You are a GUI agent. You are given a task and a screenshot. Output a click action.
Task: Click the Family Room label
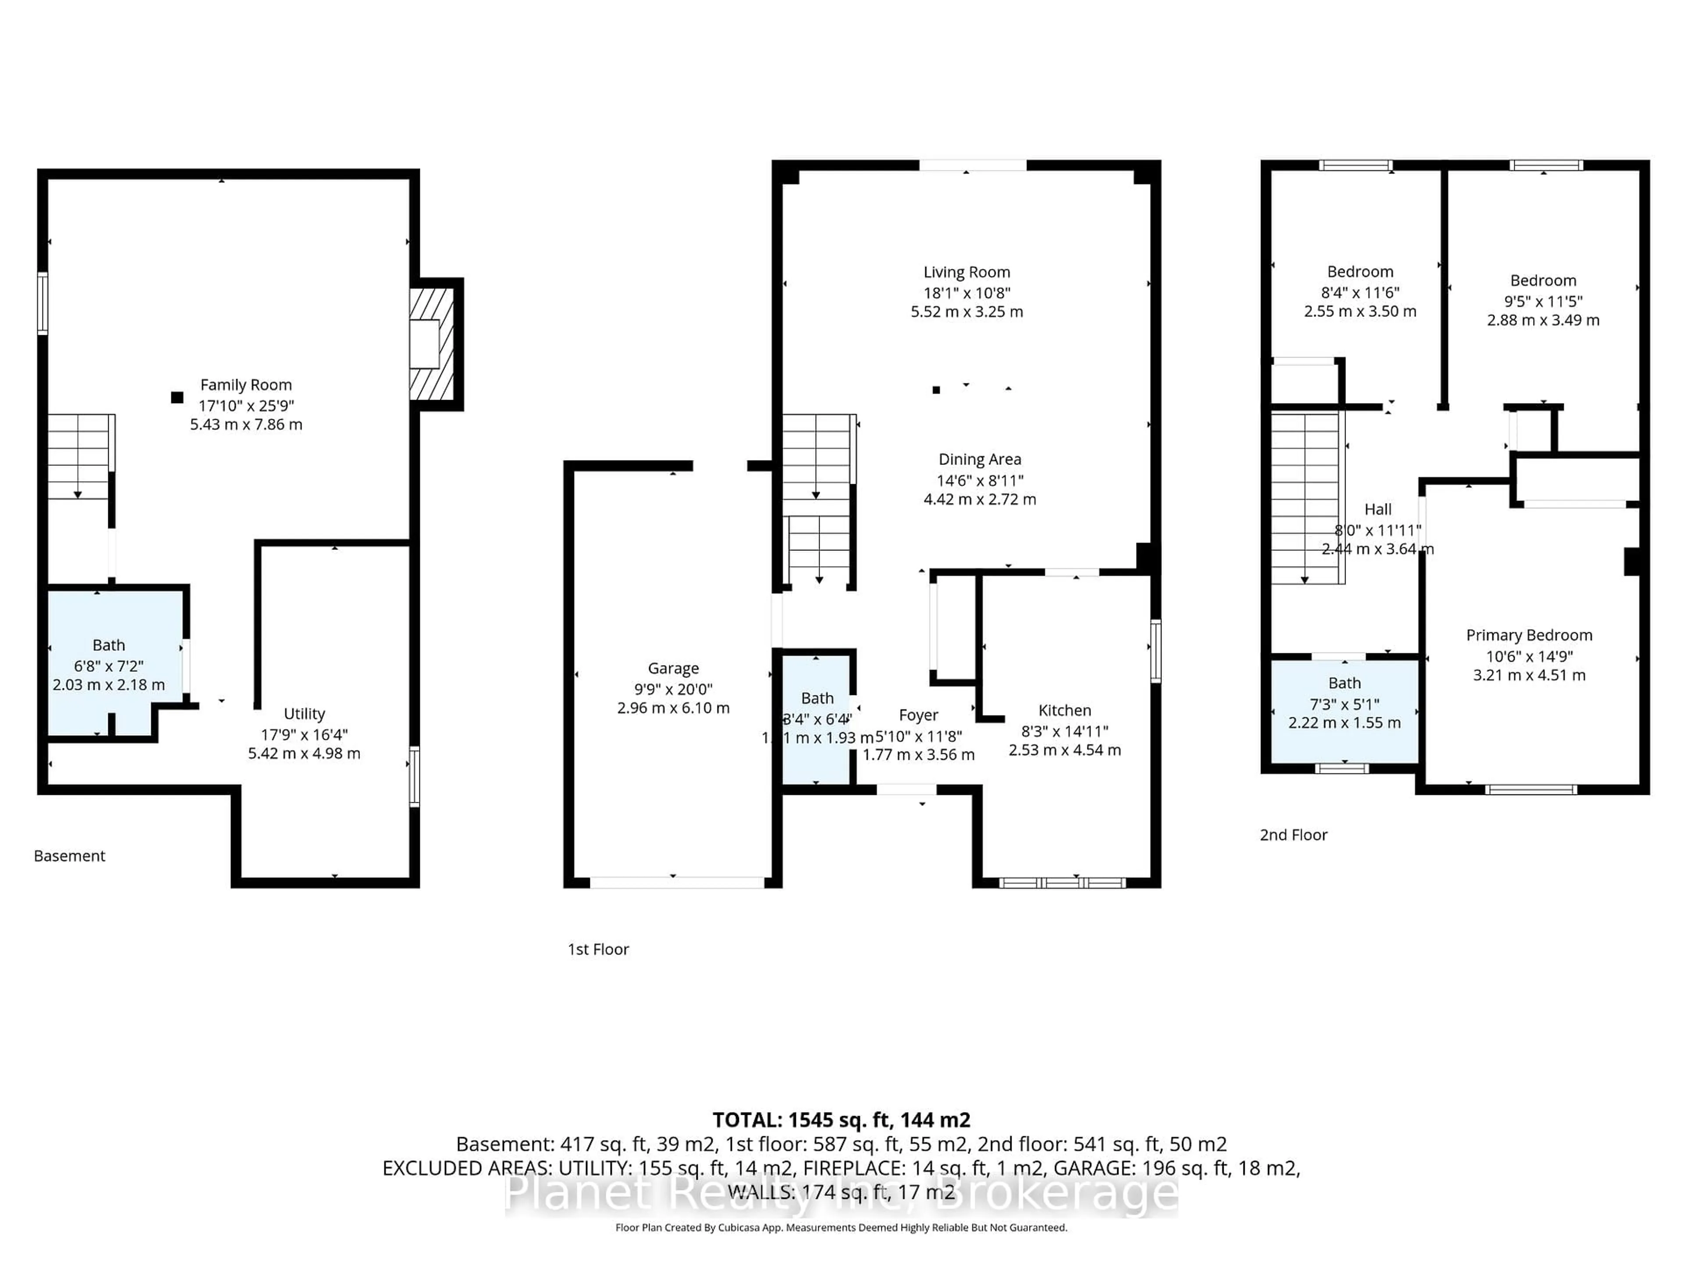coord(246,385)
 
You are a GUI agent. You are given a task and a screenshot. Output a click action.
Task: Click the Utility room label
coord(304,713)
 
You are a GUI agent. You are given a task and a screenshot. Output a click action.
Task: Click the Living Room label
coord(966,272)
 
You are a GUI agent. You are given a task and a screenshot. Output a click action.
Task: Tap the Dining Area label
coord(979,460)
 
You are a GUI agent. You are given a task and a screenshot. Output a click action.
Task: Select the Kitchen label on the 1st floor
coord(1065,710)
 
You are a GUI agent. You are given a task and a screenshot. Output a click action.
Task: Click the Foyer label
coord(918,715)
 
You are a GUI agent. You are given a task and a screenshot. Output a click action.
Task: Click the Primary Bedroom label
coord(1529,635)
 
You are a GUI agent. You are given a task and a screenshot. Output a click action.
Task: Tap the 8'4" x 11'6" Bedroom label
coord(1360,272)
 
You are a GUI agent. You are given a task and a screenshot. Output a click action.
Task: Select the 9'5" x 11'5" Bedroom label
coord(1543,281)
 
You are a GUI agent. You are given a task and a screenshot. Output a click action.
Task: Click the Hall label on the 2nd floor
coord(1378,510)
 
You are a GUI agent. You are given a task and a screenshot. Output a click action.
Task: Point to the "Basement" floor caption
coord(69,856)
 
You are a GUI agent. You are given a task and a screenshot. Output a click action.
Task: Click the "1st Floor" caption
coord(598,950)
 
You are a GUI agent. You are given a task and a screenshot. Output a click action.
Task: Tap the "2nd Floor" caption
coord(1293,835)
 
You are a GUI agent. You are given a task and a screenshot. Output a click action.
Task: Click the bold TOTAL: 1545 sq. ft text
coord(841,1120)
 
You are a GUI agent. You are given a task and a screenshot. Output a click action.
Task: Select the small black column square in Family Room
coord(177,397)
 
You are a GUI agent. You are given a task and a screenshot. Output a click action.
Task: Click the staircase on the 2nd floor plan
coord(1305,498)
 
